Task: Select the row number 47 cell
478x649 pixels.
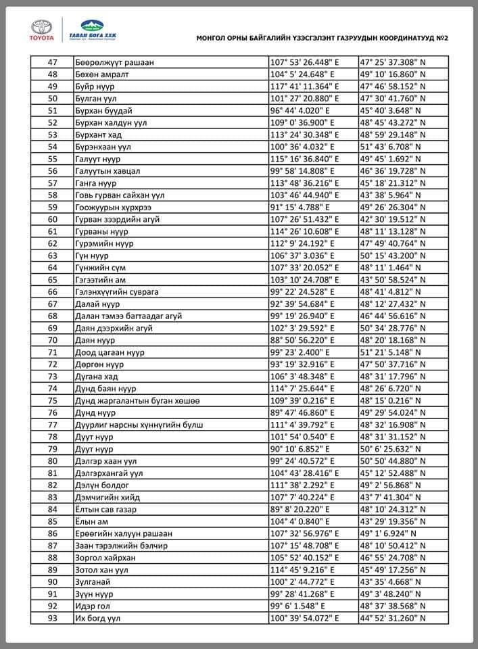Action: point(53,62)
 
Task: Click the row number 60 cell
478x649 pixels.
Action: point(53,219)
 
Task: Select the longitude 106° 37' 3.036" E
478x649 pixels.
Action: point(302,256)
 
